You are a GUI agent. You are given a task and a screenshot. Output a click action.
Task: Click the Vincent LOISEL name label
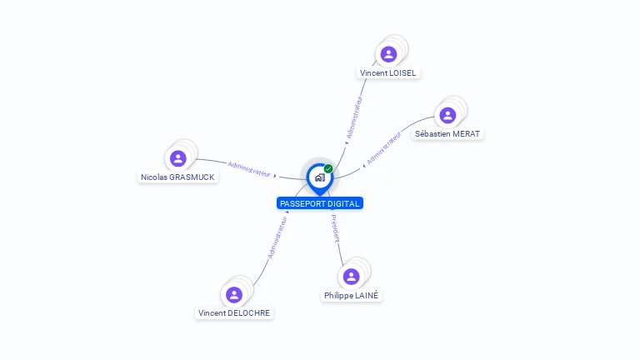coord(387,73)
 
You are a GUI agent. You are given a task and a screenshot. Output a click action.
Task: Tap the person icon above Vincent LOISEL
coord(388,54)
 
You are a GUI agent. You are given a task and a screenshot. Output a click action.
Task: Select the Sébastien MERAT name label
coord(447,134)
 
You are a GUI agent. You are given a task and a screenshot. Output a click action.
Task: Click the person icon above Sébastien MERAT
coord(447,115)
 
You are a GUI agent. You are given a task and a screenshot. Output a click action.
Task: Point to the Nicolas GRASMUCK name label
coord(177,177)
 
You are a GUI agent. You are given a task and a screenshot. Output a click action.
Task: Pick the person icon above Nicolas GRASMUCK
coord(177,158)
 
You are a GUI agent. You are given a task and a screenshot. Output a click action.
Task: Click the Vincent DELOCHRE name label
coord(234,313)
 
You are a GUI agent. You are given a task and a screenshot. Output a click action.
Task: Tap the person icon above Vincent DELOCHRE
coord(234,294)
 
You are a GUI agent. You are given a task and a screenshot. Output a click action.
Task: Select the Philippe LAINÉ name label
coord(351,296)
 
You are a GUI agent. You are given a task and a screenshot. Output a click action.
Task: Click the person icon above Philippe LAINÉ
coord(351,276)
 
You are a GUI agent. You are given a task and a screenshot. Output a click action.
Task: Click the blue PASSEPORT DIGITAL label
coord(320,203)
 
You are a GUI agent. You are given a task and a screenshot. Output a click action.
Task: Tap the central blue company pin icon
coord(319,177)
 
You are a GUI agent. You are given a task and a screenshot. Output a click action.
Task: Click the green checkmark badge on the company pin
coord(328,169)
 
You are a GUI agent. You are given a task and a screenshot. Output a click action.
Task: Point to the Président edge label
coord(335,228)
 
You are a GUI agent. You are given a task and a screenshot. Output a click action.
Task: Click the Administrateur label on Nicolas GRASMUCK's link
coord(249,168)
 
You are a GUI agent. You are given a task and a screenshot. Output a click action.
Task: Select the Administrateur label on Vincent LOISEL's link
coord(354,117)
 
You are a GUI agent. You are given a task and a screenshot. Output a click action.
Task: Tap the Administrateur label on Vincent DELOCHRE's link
coord(277,237)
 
